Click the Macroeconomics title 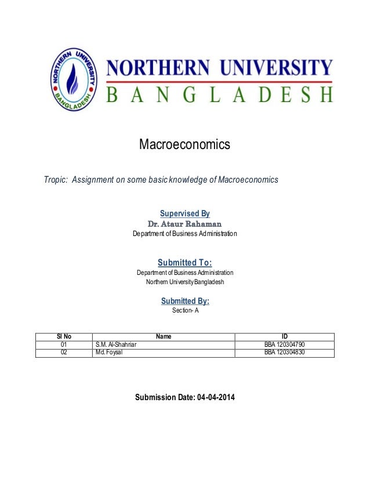184,144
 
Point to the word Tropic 55,180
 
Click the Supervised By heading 184,213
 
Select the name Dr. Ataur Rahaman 184,224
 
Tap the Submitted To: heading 184,262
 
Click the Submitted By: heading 184,300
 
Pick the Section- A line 184,311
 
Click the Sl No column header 64,336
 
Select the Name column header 164,336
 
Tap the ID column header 284,336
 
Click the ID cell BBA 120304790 284,344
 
